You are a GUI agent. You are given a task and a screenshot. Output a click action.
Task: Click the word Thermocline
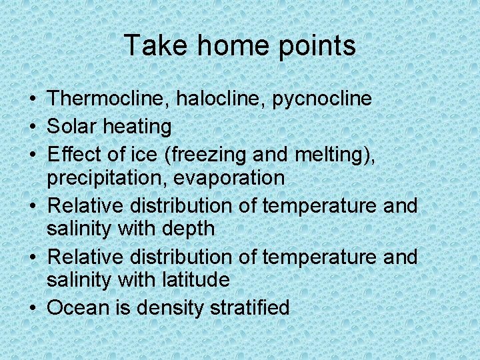(109, 99)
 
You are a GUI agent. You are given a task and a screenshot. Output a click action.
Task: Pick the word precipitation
(104, 179)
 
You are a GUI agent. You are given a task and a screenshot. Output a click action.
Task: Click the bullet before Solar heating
(33, 126)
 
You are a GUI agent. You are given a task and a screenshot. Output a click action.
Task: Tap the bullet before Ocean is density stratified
(33, 308)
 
